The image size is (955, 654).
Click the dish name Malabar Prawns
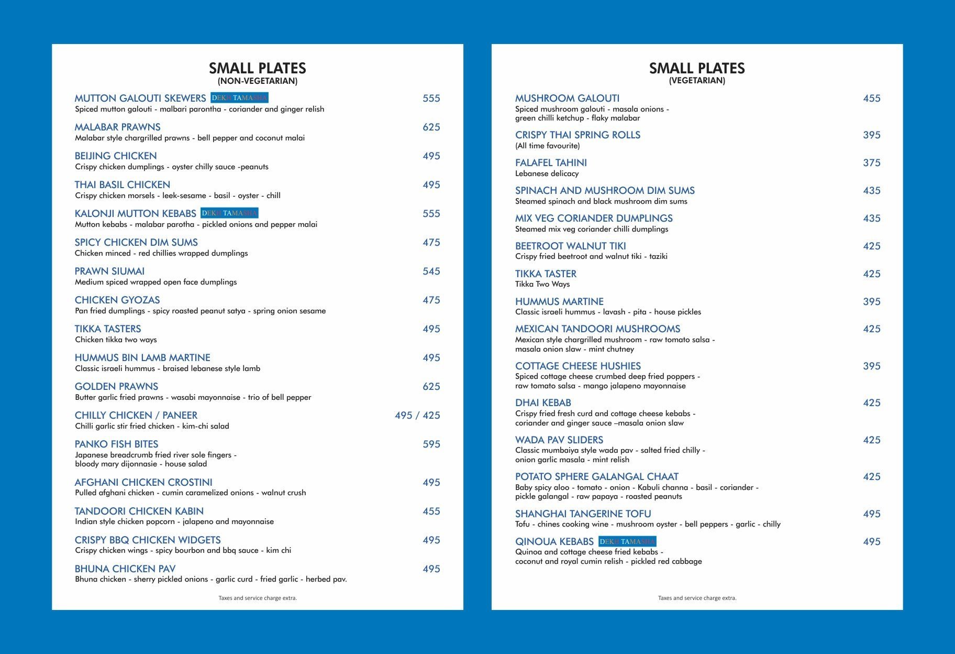pos(117,127)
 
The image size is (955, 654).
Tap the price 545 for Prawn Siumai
pos(431,271)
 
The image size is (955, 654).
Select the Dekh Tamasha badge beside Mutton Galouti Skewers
pos(239,98)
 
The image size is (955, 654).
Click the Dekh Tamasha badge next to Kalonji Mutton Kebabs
pos(229,213)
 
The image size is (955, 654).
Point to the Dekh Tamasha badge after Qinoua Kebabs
pos(627,541)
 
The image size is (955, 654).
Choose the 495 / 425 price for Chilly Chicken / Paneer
pos(417,416)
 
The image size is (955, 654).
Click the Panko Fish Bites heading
pos(116,444)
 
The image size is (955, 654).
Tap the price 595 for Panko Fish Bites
pos(431,444)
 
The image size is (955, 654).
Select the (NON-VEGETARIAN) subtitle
pos(257,81)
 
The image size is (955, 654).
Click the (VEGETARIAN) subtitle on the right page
pos(697,81)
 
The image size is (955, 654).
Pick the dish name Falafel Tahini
pos(551,163)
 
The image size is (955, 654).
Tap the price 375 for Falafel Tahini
pos(871,163)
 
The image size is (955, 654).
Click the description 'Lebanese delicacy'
pos(547,173)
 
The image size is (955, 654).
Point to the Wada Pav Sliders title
pos(559,440)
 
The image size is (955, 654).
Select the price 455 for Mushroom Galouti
pos(871,99)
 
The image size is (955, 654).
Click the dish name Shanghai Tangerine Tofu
pos(583,514)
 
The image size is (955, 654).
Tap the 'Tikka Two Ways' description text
pos(542,284)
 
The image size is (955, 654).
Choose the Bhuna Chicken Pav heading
pos(125,569)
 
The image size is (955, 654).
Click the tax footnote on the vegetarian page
pos(697,598)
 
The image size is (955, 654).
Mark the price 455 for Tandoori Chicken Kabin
pos(431,511)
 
